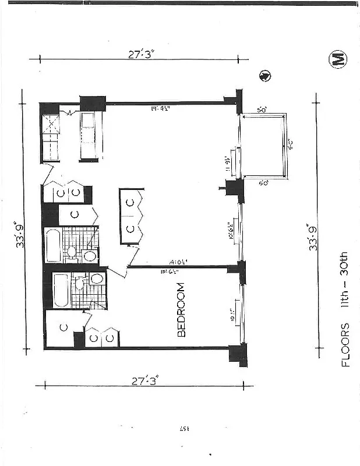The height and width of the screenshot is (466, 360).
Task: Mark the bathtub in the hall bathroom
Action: click(x=52, y=246)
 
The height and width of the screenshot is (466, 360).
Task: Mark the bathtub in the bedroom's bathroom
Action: click(x=60, y=290)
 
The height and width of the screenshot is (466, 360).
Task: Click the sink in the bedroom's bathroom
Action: click(x=97, y=279)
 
